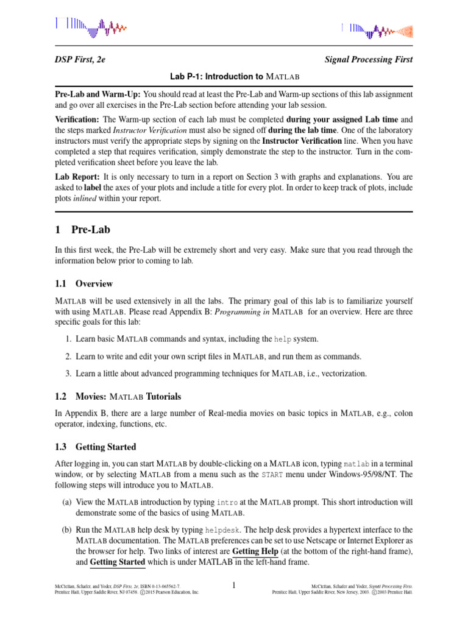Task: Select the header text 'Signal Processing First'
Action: coord(369,60)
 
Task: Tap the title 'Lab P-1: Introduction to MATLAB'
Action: coord(234,77)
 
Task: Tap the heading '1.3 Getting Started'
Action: coord(96,447)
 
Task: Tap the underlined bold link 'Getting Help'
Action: coord(255,552)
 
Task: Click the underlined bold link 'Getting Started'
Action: coord(117,562)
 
